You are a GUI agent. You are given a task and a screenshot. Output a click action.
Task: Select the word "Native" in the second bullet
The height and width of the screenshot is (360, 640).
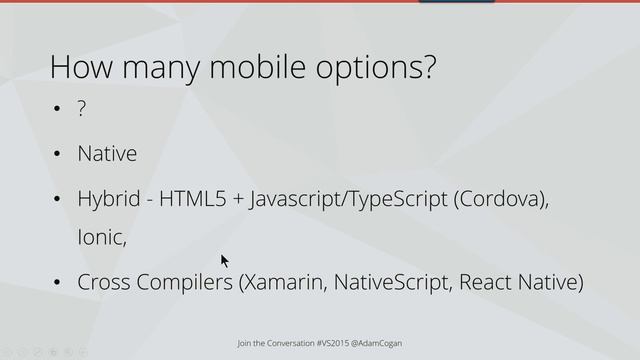point(107,154)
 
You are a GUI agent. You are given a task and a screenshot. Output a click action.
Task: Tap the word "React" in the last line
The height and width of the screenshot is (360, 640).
point(488,283)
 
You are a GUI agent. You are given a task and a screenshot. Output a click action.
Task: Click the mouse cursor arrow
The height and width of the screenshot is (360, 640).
point(225,260)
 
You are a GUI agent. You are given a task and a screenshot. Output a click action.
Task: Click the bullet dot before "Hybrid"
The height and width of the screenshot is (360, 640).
point(58,200)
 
